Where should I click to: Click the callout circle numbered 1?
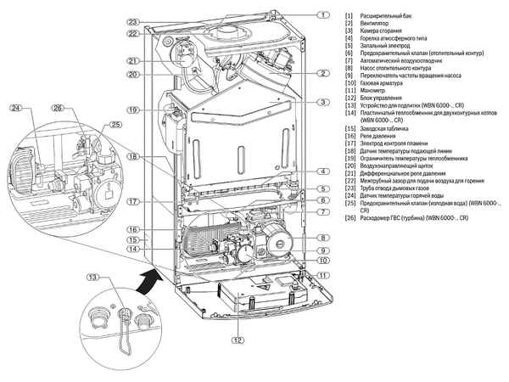pos(323,14)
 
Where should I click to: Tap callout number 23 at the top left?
pos(133,21)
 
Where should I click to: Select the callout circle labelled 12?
pos(223,340)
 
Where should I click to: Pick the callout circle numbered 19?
pos(133,110)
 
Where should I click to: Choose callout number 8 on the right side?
pos(323,237)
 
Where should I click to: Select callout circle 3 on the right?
pos(323,102)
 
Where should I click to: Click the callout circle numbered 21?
pos(133,61)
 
